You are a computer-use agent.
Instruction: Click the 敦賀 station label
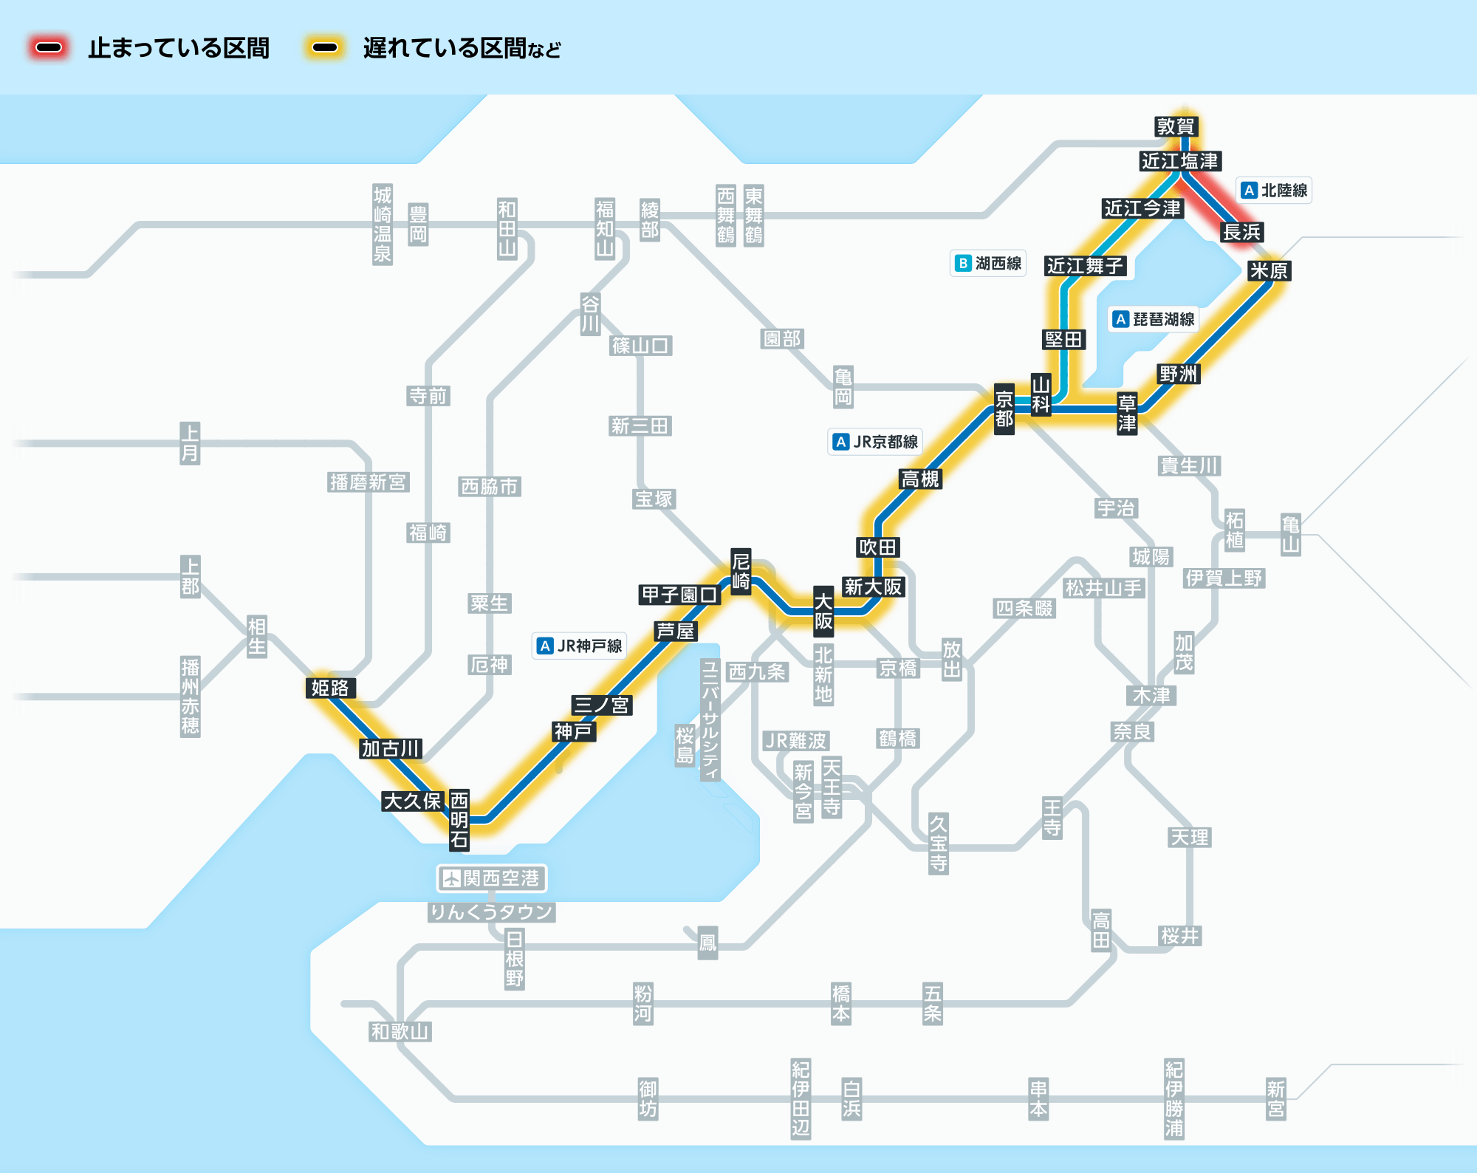pos(1176,126)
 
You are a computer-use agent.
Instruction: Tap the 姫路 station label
pos(330,688)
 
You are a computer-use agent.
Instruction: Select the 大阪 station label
pos(823,611)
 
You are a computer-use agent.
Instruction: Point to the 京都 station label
pos(1004,409)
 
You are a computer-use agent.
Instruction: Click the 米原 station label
pos(1269,270)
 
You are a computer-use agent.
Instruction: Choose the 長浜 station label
pos(1241,232)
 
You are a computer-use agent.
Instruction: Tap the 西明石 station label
pos(459,819)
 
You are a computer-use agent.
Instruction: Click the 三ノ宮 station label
pos(601,705)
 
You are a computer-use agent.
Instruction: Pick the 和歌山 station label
pos(400,1031)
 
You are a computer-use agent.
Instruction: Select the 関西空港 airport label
pos(492,878)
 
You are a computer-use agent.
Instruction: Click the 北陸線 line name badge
pos(1275,191)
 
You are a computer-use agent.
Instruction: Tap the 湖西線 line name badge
pos(988,263)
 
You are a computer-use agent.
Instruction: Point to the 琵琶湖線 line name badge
pos(1154,319)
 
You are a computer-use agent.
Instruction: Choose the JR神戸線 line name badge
pos(580,646)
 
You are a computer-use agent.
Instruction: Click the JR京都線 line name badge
pos(875,442)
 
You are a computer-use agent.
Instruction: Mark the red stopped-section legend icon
pos(49,48)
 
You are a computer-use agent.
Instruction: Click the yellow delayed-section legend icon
pos(325,48)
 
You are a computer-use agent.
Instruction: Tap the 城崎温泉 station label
pos(383,225)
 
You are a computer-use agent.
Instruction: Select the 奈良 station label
pos(1132,731)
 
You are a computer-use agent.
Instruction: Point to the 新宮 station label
pos(1276,1099)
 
